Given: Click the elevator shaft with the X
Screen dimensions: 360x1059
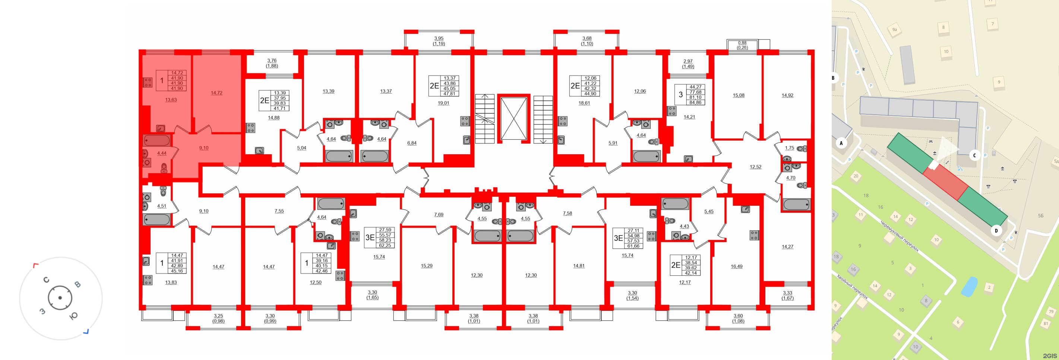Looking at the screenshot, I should (x=513, y=119).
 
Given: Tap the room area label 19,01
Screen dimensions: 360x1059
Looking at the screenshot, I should (x=443, y=103).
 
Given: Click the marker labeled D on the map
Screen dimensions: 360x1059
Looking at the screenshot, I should (x=996, y=231).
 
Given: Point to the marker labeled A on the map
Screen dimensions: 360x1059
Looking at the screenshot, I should (x=841, y=143).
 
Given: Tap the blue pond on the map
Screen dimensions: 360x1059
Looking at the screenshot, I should (x=969, y=287).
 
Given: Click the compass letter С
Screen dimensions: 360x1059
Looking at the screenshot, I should (x=46, y=280).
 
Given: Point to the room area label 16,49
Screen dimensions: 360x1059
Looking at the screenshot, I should (x=736, y=266).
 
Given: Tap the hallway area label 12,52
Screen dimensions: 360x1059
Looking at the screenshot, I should (x=755, y=167).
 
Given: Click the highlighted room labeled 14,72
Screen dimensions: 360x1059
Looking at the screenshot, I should (x=216, y=93).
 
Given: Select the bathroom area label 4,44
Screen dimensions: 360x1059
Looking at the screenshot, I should (x=162, y=153).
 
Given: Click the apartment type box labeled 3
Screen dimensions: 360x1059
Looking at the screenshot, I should (x=680, y=95).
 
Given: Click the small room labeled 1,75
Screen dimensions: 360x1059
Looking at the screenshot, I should (x=789, y=148).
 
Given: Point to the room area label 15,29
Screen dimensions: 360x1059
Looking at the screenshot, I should (x=426, y=266).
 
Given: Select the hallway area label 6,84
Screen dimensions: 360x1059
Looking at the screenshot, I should (x=411, y=143).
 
